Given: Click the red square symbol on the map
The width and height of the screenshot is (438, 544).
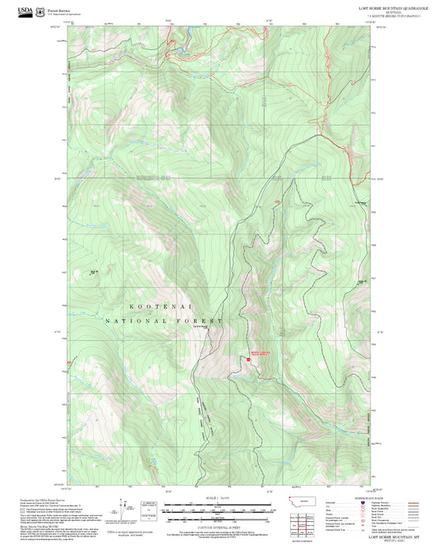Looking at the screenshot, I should (x=247, y=357).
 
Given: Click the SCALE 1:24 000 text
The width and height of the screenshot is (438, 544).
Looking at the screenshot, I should (x=219, y=498).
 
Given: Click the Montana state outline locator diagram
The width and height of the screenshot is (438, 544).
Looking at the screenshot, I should (x=306, y=500).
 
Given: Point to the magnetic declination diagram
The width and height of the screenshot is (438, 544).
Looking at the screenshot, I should (x=124, y=508).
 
